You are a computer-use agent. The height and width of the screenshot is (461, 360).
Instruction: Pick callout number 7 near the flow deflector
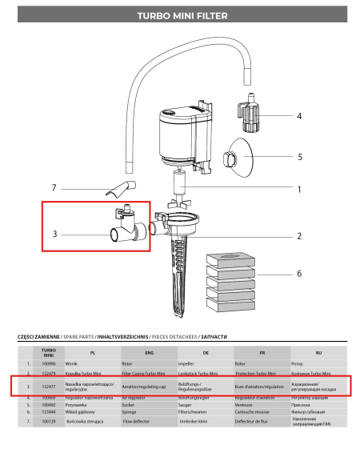tap(54, 188)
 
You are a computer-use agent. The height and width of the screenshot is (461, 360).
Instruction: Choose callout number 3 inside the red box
tap(54, 235)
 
